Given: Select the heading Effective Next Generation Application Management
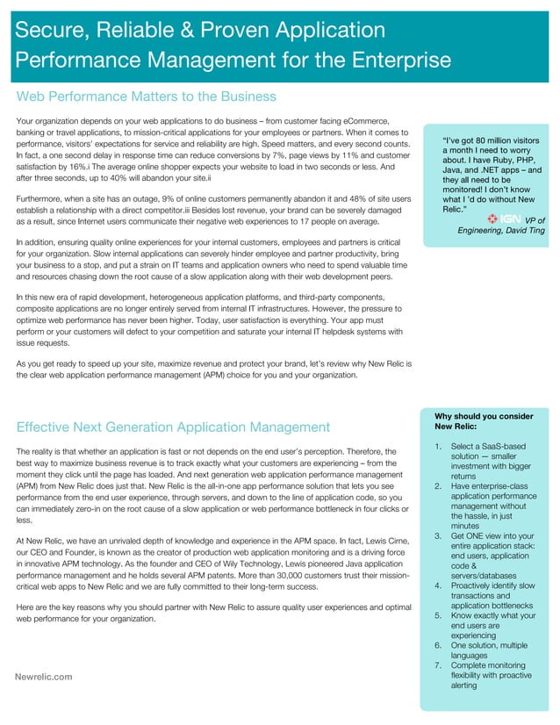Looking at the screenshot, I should coord(173,427).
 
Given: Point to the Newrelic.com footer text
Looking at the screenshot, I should coord(44,676).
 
